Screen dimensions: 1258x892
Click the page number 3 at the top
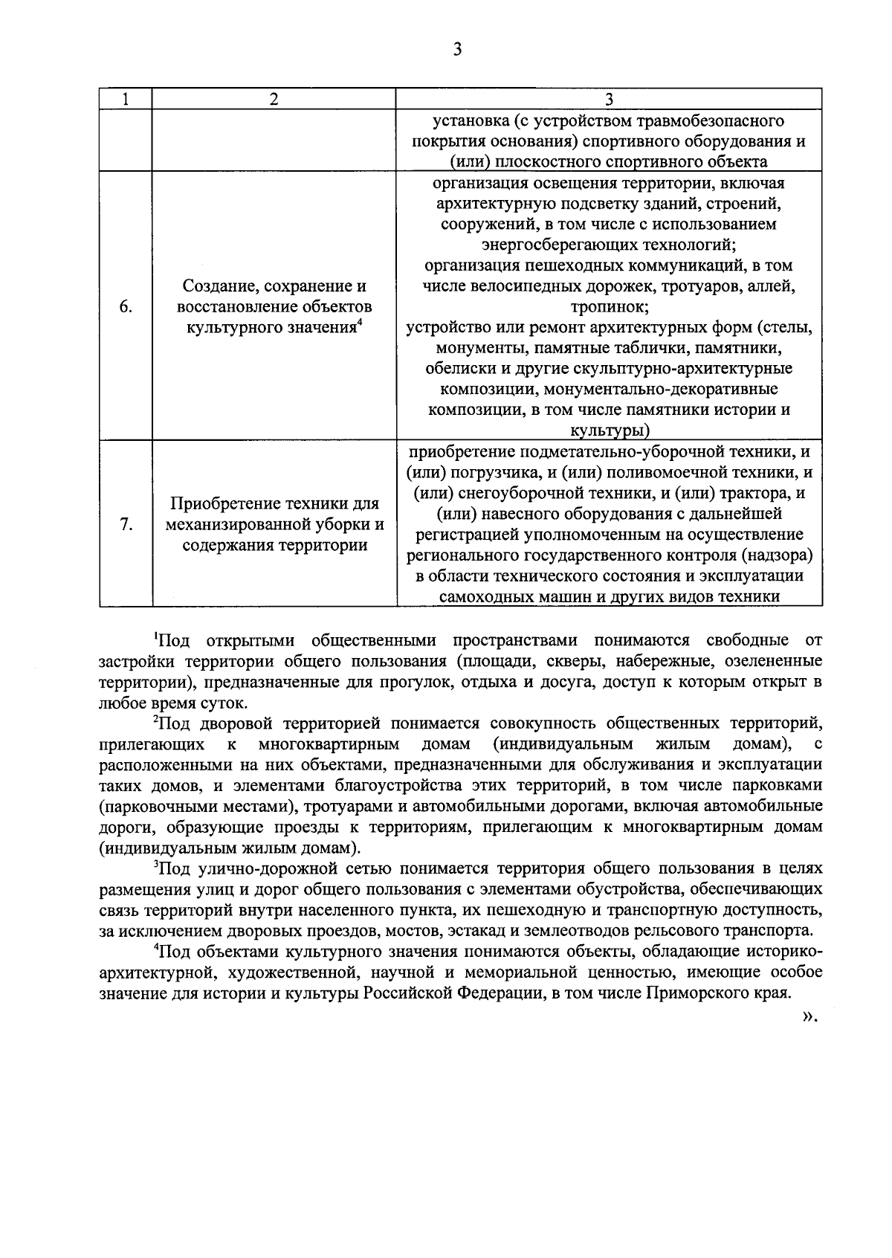point(457,50)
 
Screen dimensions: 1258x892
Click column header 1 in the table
point(126,100)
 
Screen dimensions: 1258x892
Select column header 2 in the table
point(274,100)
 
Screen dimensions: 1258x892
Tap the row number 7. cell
point(126,525)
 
